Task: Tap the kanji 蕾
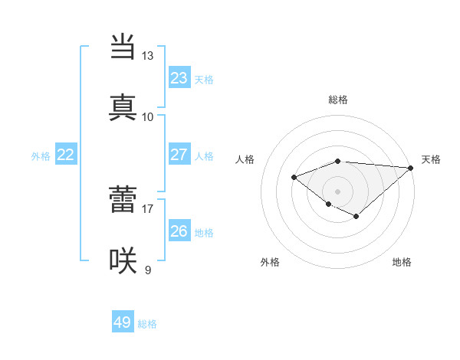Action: tap(123, 199)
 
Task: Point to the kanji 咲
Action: tap(123, 260)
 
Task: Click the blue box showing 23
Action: tap(179, 78)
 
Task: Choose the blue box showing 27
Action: tap(179, 155)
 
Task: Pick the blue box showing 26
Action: tap(179, 231)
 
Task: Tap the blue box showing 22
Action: tap(66, 155)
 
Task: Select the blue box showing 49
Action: tap(123, 322)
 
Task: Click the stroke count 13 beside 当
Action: tap(147, 56)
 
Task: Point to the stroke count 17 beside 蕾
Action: tap(147, 208)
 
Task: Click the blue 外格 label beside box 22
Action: tap(41, 156)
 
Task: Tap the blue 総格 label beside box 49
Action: tap(148, 324)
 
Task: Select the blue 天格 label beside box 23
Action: tap(204, 80)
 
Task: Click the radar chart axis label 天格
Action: tap(431, 159)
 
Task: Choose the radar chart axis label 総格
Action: tap(338, 100)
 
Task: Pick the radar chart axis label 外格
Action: tap(270, 262)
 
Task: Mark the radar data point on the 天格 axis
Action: tap(411, 168)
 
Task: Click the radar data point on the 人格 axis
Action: tap(294, 178)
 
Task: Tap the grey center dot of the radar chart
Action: tap(337, 191)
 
